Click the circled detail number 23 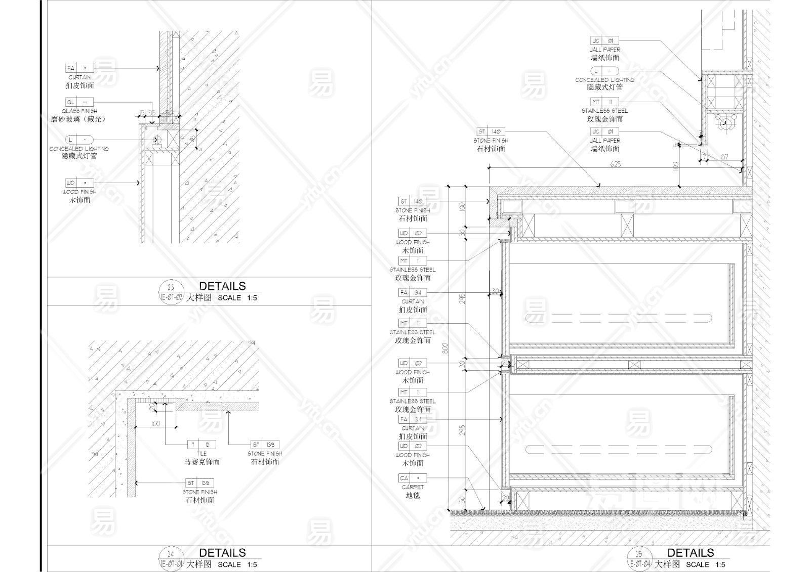click(171, 287)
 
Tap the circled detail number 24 click(171, 554)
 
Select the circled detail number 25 click(639, 554)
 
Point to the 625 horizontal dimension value click(616, 164)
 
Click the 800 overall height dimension click(445, 348)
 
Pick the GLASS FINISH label click(79, 111)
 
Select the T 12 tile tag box click(201, 445)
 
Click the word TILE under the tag click(201, 454)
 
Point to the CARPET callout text click(413, 487)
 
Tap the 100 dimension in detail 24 click(155, 423)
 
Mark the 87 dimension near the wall click(724, 157)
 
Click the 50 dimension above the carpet click(462, 500)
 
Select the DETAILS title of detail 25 click(690, 553)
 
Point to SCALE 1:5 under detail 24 click(237, 565)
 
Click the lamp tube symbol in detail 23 click(156, 140)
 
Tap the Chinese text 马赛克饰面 click(201, 462)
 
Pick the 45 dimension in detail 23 click(193, 138)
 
